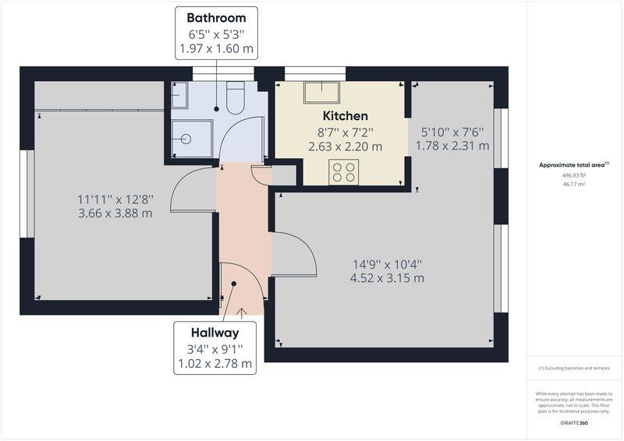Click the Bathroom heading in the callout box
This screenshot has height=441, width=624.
[x=216, y=18]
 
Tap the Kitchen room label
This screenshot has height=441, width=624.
[x=345, y=116]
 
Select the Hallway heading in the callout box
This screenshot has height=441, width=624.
[x=215, y=333]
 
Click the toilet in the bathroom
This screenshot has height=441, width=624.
[x=236, y=98]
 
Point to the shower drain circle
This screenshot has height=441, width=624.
[x=186, y=139]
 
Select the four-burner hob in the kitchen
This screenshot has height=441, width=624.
[x=344, y=172]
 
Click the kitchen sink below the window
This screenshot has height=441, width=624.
[x=321, y=93]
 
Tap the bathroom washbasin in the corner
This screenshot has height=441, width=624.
[x=179, y=95]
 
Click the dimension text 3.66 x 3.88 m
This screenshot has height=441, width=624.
[x=115, y=213]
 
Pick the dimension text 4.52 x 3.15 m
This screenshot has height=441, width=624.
[x=387, y=278]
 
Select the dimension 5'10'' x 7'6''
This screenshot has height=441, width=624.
[x=452, y=132]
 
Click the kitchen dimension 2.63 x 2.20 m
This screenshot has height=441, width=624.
[x=345, y=146]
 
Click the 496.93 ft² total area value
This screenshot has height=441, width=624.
[x=574, y=175]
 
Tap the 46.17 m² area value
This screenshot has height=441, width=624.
[x=574, y=185]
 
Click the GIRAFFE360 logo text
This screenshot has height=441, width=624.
[x=574, y=423]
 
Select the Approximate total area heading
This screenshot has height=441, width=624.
[x=574, y=164]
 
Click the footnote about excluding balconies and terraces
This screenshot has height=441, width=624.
[x=574, y=369]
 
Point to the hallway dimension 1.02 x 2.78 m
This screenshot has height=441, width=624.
[x=215, y=363]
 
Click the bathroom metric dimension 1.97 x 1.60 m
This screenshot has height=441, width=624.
[x=216, y=49]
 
